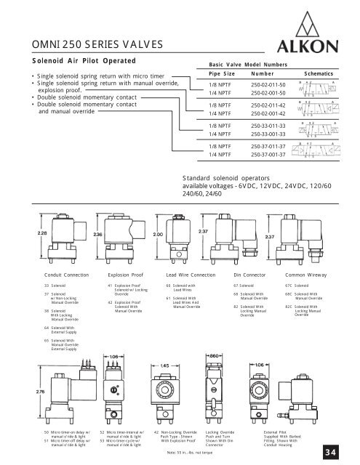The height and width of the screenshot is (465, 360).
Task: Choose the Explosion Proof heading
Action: click(x=128, y=276)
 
